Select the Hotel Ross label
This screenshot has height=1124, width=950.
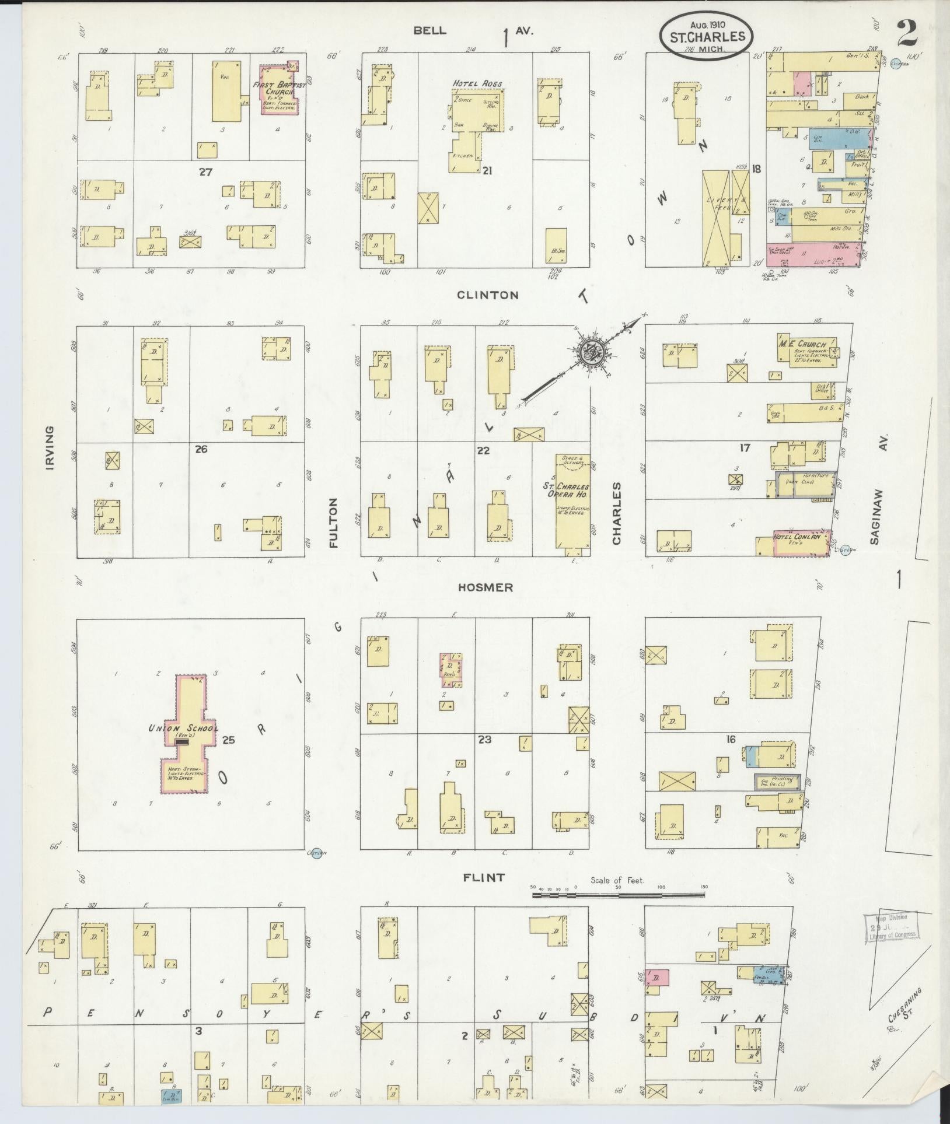point(477,83)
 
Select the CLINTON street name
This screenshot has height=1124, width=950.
point(487,295)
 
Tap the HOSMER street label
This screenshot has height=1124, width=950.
point(486,587)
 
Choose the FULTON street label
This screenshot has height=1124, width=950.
point(334,522)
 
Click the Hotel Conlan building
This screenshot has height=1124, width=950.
point(802,543)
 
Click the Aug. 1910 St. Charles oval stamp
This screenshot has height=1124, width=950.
point(707,35)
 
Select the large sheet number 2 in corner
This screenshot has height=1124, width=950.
point(908,34)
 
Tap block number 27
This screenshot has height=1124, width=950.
point(204,172)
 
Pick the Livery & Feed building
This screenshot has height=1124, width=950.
point(715,218)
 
